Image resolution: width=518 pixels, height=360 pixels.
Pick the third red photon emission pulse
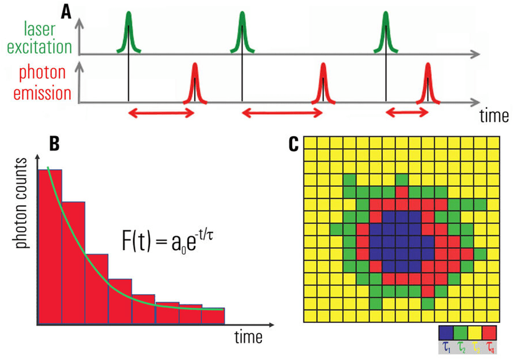point(428,84)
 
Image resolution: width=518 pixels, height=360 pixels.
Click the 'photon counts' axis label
point(23,202)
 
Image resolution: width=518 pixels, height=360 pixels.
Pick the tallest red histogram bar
point(50,244)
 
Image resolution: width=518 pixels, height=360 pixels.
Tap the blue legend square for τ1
point(445,332)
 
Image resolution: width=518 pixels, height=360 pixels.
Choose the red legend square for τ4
point(488,332)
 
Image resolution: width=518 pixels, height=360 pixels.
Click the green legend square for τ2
point(459,332)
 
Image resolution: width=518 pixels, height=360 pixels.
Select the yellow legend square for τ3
point(474,332)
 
